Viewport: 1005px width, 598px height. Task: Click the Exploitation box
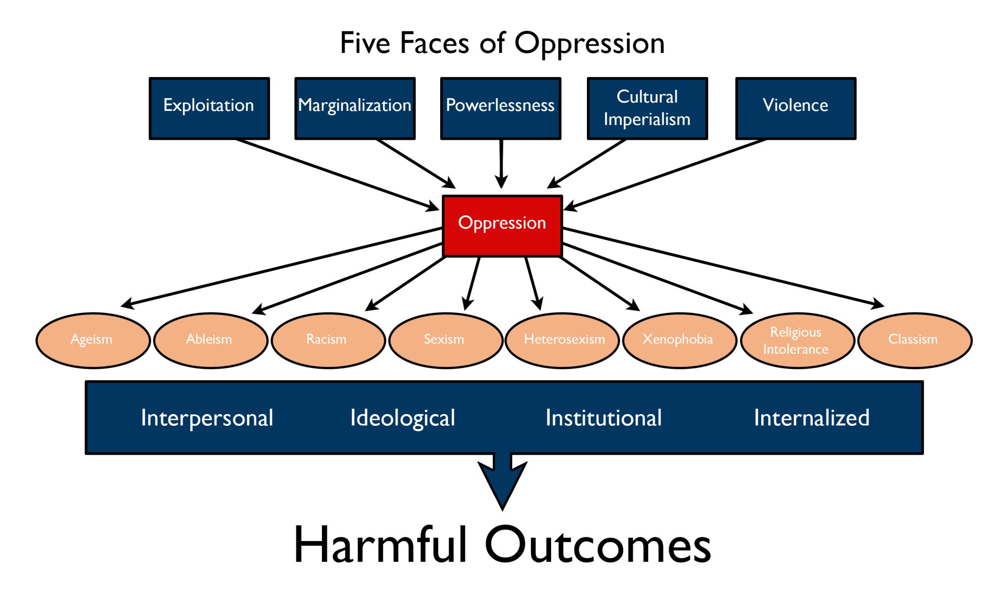coord(209,108)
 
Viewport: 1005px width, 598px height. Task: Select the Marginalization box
coord(355,108)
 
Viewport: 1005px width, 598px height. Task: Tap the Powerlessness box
coord(501,108)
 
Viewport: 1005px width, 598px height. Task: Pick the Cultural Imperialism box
coord(647,108)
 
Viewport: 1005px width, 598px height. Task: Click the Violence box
coord(795,108)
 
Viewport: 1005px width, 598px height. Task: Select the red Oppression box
coord(502,226)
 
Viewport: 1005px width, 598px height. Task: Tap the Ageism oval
coord(93,340)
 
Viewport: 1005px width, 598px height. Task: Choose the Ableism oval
coord(211,340)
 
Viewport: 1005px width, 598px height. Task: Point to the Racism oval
coord(328,340)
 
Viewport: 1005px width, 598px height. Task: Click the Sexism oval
coord(445,340)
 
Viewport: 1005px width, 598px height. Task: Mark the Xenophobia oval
coord(680,340)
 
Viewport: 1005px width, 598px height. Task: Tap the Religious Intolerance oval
coord(797,340)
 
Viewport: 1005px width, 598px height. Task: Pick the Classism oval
coord(915,340)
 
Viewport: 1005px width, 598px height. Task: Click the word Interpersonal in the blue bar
coord(207,418)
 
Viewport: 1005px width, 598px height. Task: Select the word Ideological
coord(402,418)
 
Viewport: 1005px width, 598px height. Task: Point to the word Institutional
coord(604,418)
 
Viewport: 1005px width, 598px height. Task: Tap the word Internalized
coord(812,418)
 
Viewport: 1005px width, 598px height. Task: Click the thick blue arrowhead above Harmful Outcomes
coord(502,483)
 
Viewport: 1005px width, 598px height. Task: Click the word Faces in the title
coord(434,43)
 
